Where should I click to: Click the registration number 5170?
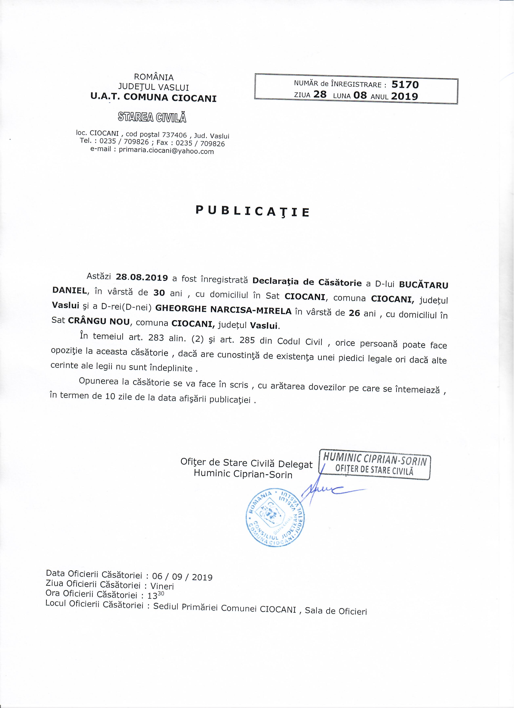[405, 84]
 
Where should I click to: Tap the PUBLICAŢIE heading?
[252, 211]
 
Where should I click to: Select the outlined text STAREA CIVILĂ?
[152, 117]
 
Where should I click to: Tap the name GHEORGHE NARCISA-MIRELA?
[223, 310]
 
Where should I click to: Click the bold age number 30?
[159, 293]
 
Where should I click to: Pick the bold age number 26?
[354, 313]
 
